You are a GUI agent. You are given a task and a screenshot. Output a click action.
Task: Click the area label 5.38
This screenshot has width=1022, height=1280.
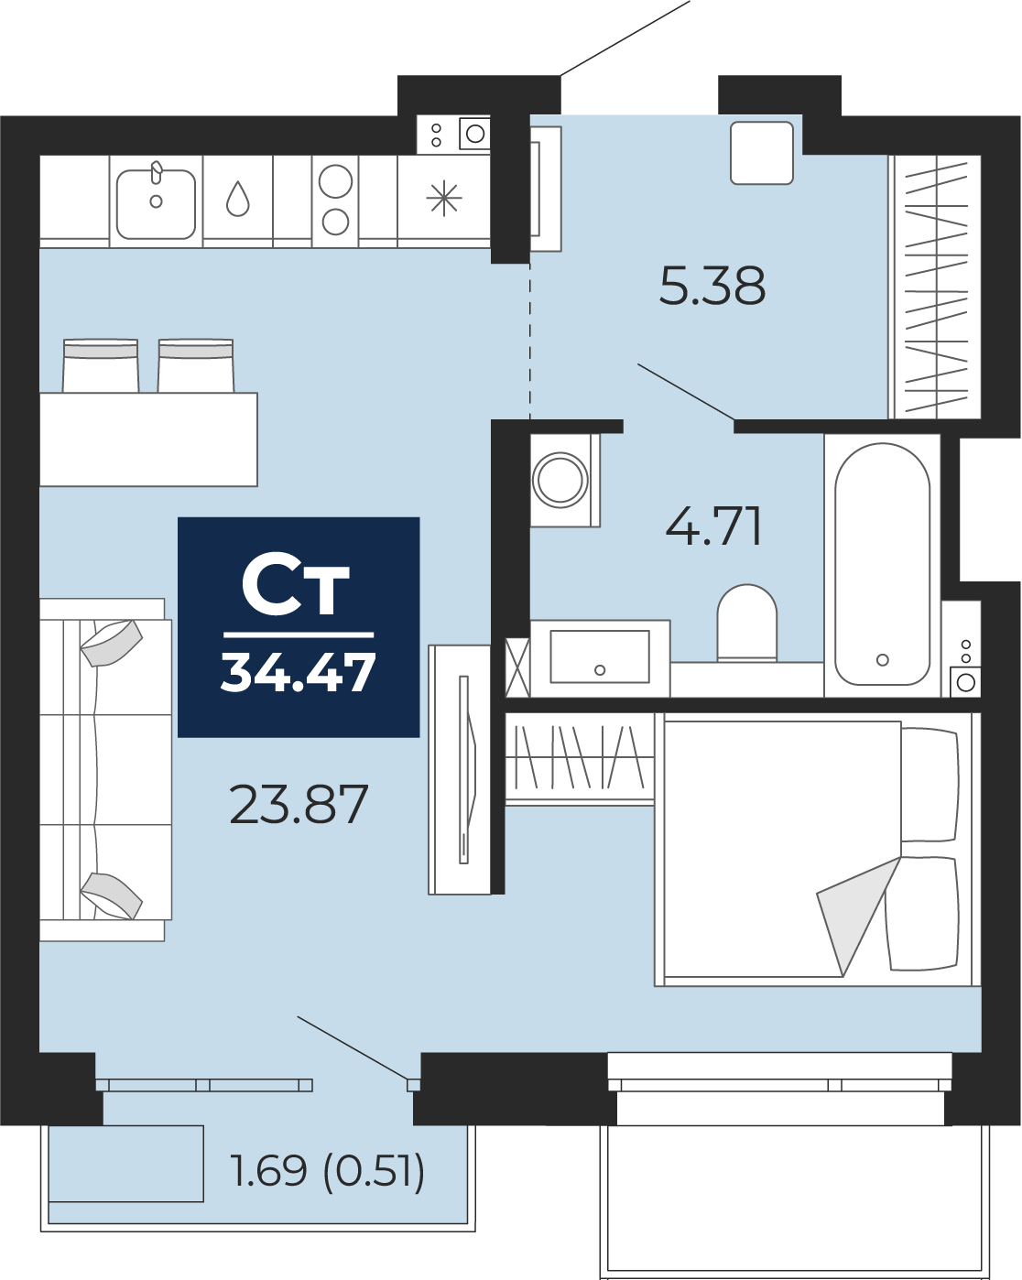click(712, 286)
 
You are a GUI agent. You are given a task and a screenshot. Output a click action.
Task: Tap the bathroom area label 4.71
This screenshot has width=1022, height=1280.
click(713, 526)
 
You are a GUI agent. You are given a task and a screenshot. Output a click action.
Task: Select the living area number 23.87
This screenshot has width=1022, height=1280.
click(299, 804)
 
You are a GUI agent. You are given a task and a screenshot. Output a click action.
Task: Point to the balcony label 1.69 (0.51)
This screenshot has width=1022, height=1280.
click(327, 1170)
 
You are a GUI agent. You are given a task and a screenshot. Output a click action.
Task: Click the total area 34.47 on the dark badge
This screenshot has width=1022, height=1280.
click(298, 672)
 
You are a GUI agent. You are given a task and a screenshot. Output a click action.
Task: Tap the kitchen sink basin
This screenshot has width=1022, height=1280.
click(156, 204)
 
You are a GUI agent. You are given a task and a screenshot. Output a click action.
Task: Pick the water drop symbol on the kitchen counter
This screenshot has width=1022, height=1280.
click(237, 199)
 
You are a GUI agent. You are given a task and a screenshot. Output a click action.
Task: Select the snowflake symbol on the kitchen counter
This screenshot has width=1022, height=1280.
click(444, 199)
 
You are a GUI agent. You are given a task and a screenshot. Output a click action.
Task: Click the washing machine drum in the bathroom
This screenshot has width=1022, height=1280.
click(560, 480)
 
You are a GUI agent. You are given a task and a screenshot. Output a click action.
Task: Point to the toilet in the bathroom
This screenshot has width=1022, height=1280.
click(746, 623)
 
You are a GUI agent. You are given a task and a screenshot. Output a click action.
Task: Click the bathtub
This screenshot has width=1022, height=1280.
click(882, 564)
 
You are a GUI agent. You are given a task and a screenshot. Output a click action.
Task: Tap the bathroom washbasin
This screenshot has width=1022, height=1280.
click(600, 656)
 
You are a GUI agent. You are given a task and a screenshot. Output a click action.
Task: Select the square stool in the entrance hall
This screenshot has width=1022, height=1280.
click(761, 153)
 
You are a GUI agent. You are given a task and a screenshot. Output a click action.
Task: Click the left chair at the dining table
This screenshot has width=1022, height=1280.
click(101, 365)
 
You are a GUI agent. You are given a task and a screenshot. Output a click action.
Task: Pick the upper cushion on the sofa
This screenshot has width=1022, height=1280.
click(111, 644)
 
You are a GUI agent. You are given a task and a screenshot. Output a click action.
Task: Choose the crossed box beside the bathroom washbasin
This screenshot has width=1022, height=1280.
click(516, 667)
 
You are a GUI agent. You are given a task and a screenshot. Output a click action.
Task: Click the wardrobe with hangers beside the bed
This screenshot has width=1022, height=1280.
click(580, 760)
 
